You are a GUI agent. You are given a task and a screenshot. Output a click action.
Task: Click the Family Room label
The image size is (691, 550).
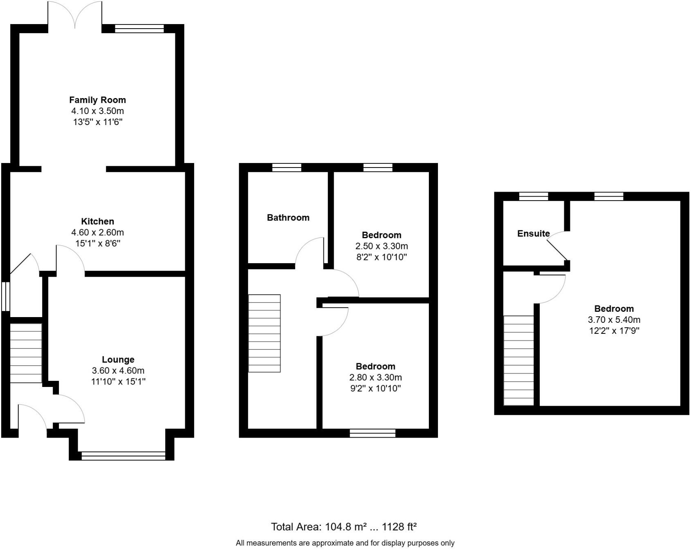pos(97,100)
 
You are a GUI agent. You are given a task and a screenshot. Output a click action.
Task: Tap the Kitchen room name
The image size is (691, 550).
pos(97,221)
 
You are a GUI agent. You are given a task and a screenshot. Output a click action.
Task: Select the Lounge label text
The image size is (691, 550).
pos(118,360)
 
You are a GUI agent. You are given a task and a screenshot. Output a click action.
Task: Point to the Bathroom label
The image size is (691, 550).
pos(288,218)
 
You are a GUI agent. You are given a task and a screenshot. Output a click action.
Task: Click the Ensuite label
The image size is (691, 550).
pos(533,234)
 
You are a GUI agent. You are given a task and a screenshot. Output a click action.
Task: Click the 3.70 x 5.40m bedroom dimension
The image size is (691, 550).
pos(614,320)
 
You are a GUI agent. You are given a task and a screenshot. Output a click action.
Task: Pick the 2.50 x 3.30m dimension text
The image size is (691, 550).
pos(381,246)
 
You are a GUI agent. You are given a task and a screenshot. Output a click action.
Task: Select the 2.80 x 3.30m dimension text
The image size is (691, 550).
pos(375,377)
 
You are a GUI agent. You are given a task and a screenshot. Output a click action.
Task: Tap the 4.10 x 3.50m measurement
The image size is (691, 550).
pos(97,111)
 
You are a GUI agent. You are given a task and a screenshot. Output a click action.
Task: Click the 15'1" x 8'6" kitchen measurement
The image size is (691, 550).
pos(97,244)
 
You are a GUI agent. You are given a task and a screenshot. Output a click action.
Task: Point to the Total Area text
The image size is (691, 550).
pos(343,527)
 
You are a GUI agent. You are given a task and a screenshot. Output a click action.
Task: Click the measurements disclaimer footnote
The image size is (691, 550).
pos(345,543)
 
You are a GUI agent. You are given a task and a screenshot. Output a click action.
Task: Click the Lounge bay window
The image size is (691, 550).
pos(123,456)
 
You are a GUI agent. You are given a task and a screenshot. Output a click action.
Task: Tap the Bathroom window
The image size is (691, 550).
pos(287,167)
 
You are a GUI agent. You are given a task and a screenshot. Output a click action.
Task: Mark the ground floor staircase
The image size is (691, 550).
pos(26,353)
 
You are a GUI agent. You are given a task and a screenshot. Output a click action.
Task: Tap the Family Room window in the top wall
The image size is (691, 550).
pos(139,29)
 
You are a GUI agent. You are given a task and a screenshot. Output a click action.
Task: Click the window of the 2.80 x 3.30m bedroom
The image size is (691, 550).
pos(372,433)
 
